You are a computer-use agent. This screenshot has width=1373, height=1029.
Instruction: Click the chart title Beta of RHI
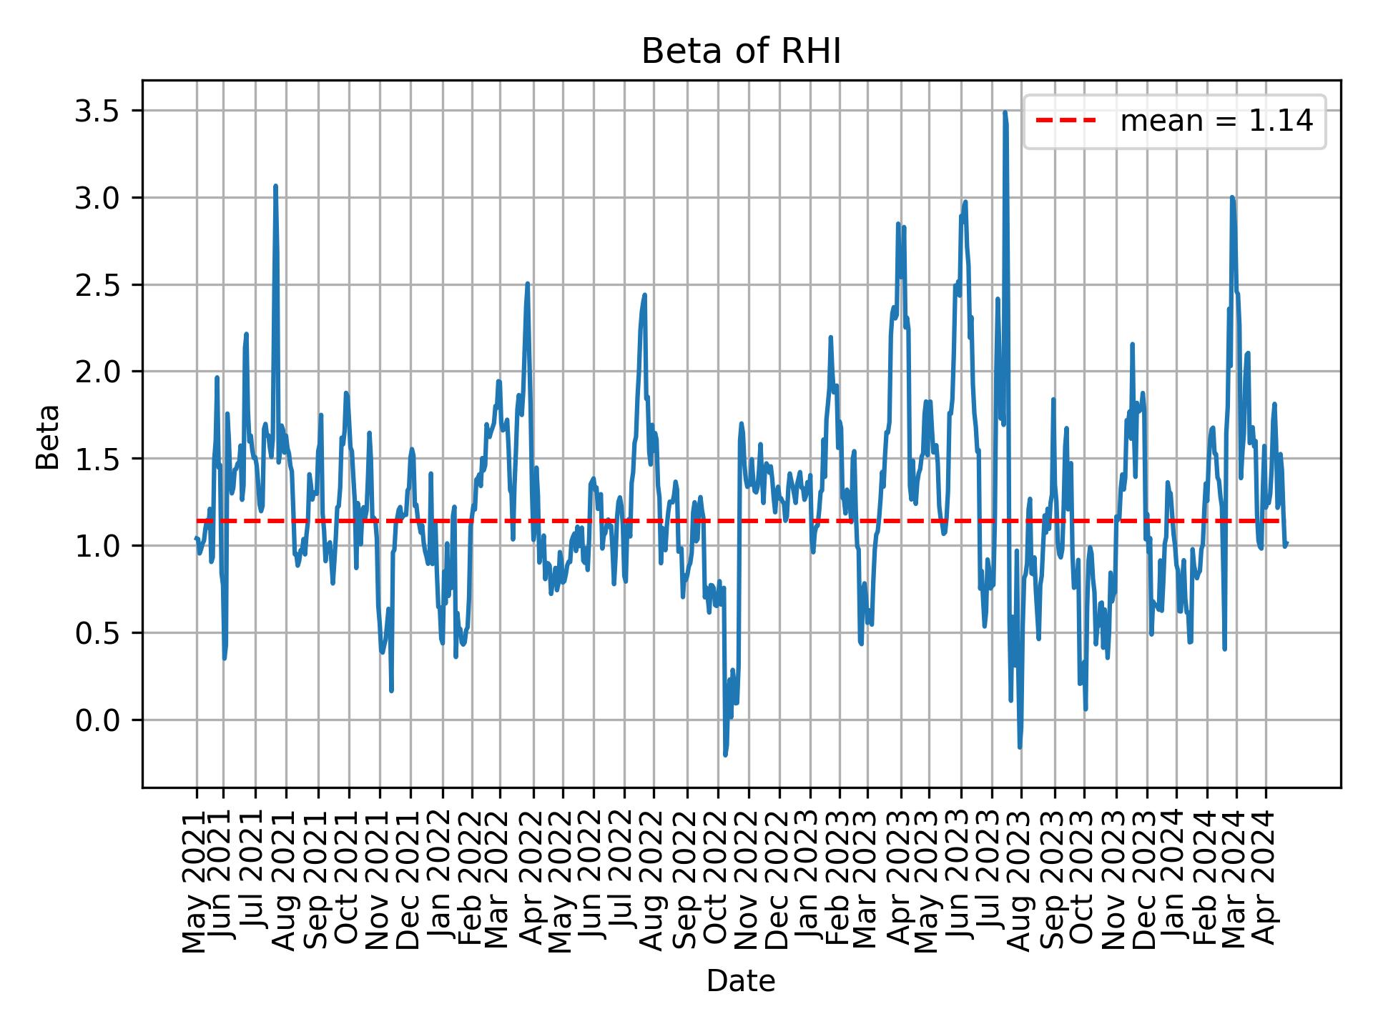(741, 52)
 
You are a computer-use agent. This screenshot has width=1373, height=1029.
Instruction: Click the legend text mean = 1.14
(1216, 121)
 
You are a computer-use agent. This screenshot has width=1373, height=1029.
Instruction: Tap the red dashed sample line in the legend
(1066, 121)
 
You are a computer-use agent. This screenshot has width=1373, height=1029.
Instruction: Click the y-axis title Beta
(48, 437)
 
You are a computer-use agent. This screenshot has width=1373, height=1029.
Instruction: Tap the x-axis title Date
(741, 982)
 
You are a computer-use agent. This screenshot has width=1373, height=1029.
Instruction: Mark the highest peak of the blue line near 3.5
(1005, 112)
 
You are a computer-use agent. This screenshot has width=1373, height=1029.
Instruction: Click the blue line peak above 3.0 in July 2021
(275, 186)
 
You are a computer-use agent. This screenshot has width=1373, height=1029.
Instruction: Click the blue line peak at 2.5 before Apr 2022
(527, 284)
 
